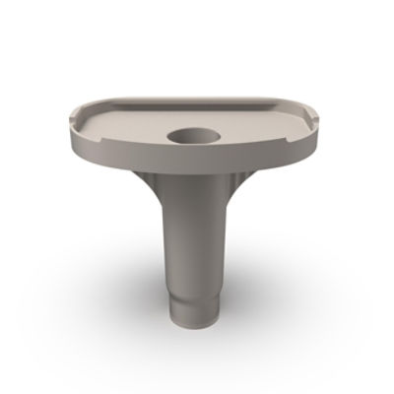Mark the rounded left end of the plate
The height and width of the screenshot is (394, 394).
point(74,123)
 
